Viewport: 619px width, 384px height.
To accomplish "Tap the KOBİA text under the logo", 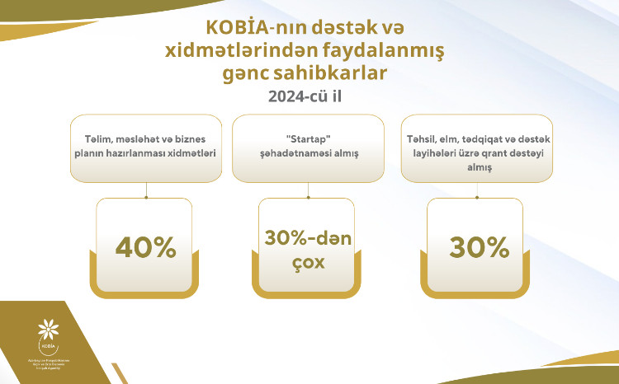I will click(x=49, y=351).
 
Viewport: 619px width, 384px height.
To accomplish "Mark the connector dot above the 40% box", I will click(x=146, y=197).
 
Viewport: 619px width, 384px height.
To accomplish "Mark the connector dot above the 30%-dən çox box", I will click(x=307, y=197).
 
